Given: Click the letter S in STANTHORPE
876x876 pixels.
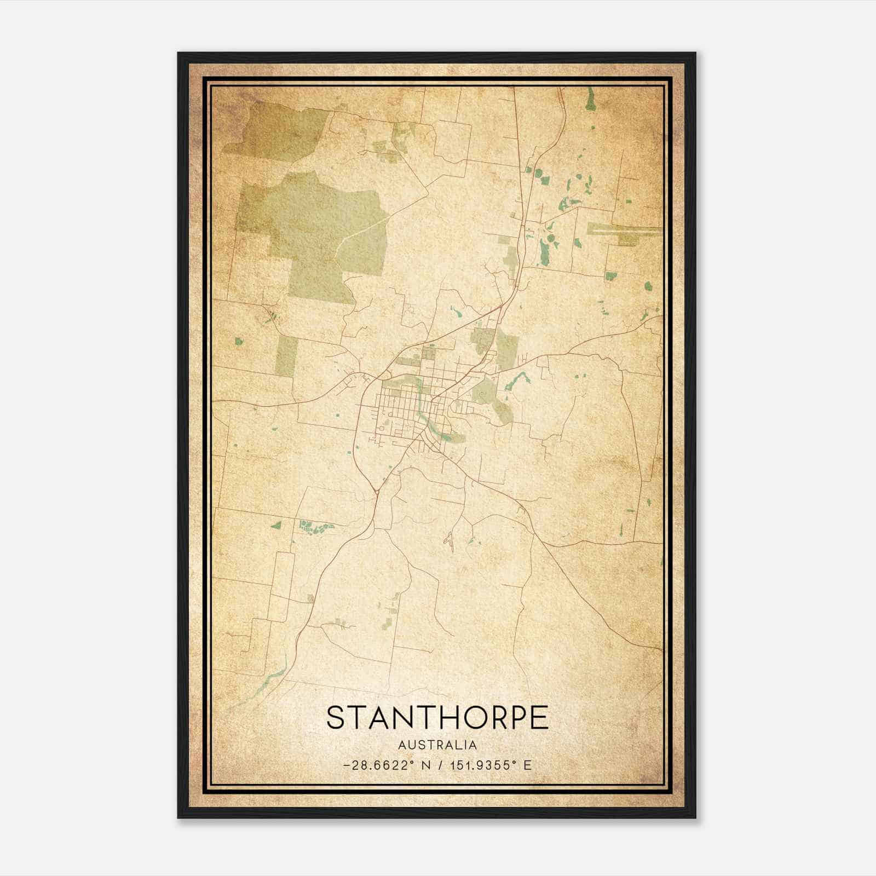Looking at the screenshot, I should (x=337, y=718).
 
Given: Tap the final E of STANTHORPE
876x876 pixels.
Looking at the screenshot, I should (x=540, y=718).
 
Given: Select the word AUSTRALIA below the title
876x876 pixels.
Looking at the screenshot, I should (x=437, y=745).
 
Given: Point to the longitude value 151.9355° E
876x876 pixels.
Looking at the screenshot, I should (x=491, y=765).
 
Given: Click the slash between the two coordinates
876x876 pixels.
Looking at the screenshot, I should (x=442, y=765).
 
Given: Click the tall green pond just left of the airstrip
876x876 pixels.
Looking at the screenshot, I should (x=543, y=252).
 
